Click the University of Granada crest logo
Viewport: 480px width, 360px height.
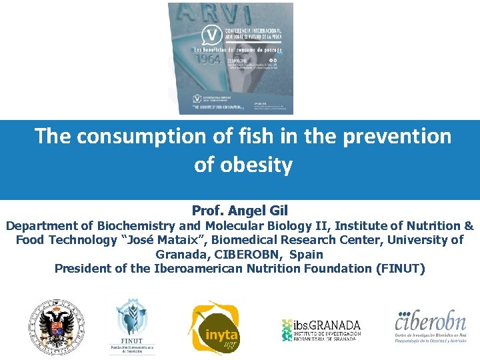tap(56, 327)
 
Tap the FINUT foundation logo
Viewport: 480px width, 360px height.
tap(132, 325)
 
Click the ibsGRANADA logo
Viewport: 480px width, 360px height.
tap(321, 329)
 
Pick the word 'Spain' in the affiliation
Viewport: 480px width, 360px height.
tap(307, 254)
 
